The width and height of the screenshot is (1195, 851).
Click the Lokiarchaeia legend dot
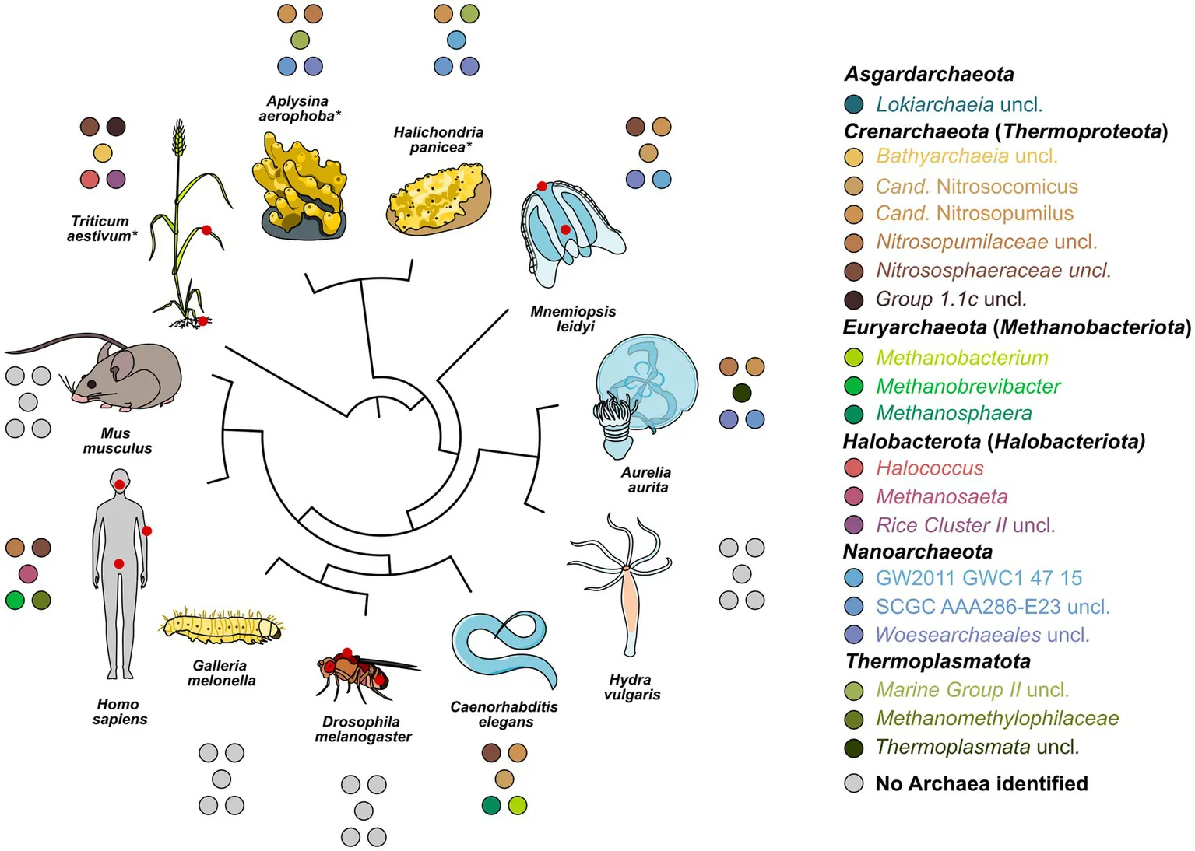[853, 104]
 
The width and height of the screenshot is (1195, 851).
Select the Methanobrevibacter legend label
[968, 386]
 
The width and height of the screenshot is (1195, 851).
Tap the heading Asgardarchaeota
[929, 74]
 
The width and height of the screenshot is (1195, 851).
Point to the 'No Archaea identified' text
[982, 783]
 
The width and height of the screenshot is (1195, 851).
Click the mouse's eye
[92, 384]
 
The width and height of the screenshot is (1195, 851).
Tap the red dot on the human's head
[120, 485]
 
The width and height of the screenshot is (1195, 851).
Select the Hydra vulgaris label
[631, 687]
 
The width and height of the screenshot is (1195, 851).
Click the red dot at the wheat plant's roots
[202, 321]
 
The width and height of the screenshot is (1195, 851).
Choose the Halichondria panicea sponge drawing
[438, 199]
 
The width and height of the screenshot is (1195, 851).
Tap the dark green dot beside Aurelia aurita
[742, 393]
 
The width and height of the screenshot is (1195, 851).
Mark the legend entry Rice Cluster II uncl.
[965, 525]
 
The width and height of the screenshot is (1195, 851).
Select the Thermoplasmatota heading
[938, 661]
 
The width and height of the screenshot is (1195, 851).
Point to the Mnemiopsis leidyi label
[574, 319]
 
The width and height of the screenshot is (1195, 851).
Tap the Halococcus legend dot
[853, 468]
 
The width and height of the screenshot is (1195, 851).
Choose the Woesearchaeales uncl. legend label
[982, 635]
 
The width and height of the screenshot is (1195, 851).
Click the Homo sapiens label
[119, 712]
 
